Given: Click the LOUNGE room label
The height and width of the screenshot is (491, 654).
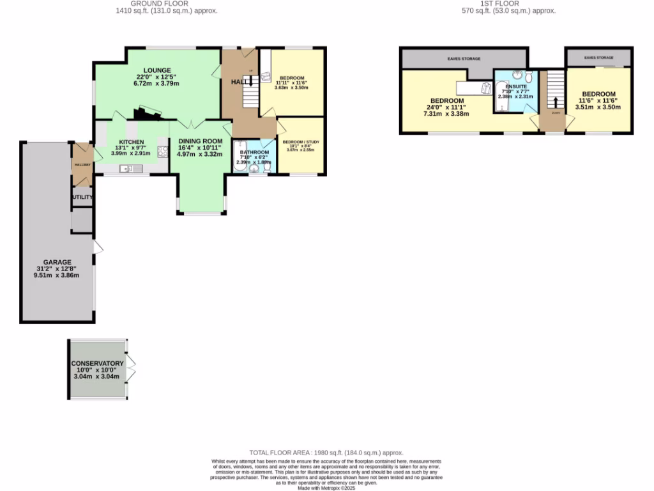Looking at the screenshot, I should click(x=156, y=70).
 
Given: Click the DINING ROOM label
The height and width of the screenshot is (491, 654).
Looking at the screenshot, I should click(x=200, y=141).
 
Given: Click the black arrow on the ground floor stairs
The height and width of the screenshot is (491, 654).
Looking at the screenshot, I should click(x=250, y=80).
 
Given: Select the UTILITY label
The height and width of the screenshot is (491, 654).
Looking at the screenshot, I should click(x=82, y=198).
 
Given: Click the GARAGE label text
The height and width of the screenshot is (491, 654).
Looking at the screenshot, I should click(x=57, y=262).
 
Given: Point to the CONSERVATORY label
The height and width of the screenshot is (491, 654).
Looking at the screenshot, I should click(x=97, y=363).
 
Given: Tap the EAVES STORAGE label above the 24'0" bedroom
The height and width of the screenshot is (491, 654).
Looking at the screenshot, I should click(x=463, y=59).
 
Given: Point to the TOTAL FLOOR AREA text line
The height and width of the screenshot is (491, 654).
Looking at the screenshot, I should click(x=326, y=453).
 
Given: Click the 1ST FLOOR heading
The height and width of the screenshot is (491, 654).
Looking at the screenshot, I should click(x=508, y=3).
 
